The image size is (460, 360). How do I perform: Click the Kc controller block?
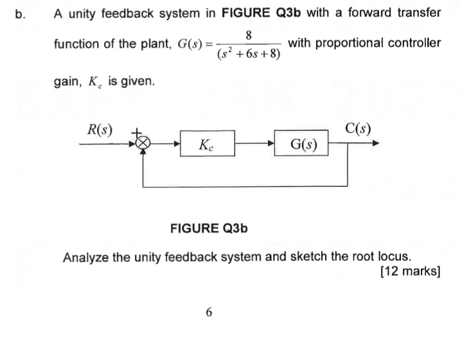point(207,145)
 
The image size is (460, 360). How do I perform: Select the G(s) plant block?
point(301,145)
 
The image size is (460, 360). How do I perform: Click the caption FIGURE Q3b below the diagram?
point(209,228)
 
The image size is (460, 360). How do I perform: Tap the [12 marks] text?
point(410,272)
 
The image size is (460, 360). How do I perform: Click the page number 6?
point(208,312)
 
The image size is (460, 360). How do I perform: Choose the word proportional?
point(358,44)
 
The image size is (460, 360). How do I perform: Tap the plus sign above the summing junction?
point(136,132)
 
